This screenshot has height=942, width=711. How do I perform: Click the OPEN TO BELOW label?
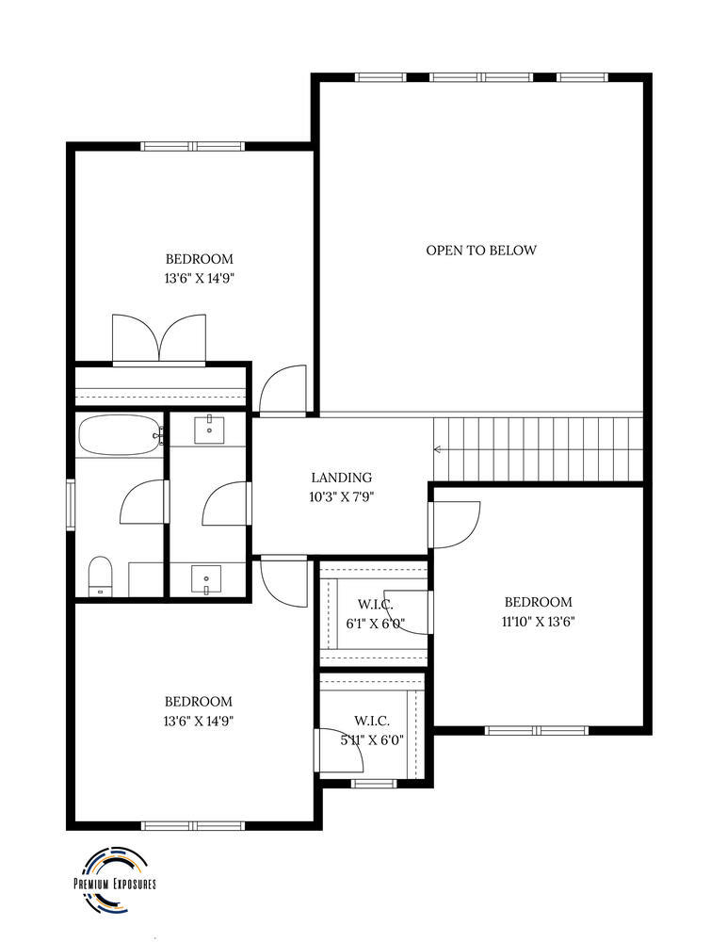[x=481, y=250]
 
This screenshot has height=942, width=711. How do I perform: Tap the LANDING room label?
[x=341, y=478]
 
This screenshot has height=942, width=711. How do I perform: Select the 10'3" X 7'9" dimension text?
[x=342, y=496]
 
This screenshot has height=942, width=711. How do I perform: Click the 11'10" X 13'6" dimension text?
[x=538, y=622]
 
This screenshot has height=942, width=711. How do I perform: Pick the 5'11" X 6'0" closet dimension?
[x=372, y=740]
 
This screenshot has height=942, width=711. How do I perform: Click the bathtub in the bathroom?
[x=121, y=435]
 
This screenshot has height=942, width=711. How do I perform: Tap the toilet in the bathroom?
[x=100, y=577]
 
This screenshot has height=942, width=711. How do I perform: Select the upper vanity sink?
[x=209, y=429]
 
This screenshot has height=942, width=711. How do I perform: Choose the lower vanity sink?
[x=206, y=580]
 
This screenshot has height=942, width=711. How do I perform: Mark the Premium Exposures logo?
[x=114, y=884]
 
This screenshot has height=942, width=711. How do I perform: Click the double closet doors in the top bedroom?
[x=159, y=339]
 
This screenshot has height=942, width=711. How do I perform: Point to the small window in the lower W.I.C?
[x=374, y=783]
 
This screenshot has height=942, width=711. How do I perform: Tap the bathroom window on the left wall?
[x=71, y=505]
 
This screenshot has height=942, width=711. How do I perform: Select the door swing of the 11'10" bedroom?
[x=455, y=525]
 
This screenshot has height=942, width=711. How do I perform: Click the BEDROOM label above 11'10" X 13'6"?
[x=538, y=602]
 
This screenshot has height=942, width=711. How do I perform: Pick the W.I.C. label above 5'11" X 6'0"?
[x=372, y=721]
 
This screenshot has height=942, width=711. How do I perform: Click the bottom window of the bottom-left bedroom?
[x=193, y=826]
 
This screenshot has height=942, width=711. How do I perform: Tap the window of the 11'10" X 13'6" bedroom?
[x=536, y=731]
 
